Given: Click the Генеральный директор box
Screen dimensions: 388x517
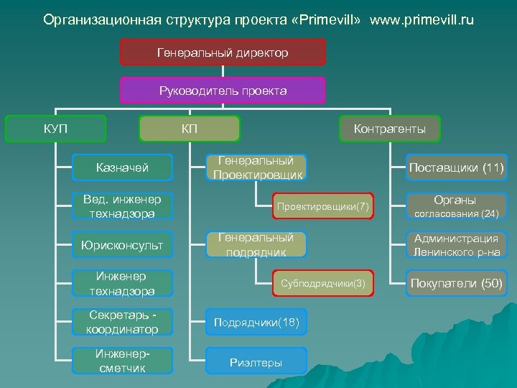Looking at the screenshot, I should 223,52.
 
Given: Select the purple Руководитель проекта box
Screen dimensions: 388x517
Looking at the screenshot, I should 223,91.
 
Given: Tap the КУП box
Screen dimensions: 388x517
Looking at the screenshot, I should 55,129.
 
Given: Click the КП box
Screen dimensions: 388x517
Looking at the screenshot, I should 190,129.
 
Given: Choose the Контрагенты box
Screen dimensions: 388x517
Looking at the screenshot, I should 389,129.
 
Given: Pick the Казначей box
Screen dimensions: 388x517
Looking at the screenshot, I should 123,167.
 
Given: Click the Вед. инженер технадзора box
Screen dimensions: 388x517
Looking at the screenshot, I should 123,205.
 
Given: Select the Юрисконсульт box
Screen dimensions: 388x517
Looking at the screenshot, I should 123,245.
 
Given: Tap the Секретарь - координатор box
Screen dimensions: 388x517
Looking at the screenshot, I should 123,322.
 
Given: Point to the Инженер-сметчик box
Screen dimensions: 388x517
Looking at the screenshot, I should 123,361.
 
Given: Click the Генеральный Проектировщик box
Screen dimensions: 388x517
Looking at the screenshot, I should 256,167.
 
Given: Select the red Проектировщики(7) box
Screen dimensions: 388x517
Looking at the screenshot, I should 322,206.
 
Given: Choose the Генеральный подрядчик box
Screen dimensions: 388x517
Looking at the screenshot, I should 256,244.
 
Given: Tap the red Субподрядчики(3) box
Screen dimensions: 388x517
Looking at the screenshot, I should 322,284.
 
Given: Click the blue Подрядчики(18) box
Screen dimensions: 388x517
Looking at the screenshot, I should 256,322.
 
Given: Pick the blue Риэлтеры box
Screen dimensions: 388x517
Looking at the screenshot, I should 256,361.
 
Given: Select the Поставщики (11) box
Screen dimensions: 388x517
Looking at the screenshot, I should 456,168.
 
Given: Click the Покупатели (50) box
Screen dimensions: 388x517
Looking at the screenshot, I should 456,283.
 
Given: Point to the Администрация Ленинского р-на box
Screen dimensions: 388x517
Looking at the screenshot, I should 456,245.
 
